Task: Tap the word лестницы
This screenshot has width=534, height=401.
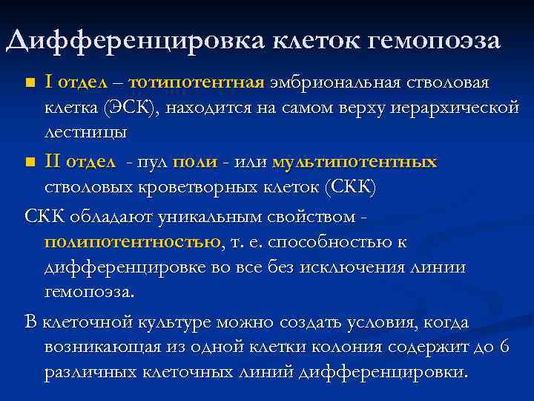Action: pyautogui.click(x=85, y=133)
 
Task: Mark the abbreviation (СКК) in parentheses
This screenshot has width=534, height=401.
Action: pyautogui.click(x=349, y=187)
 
